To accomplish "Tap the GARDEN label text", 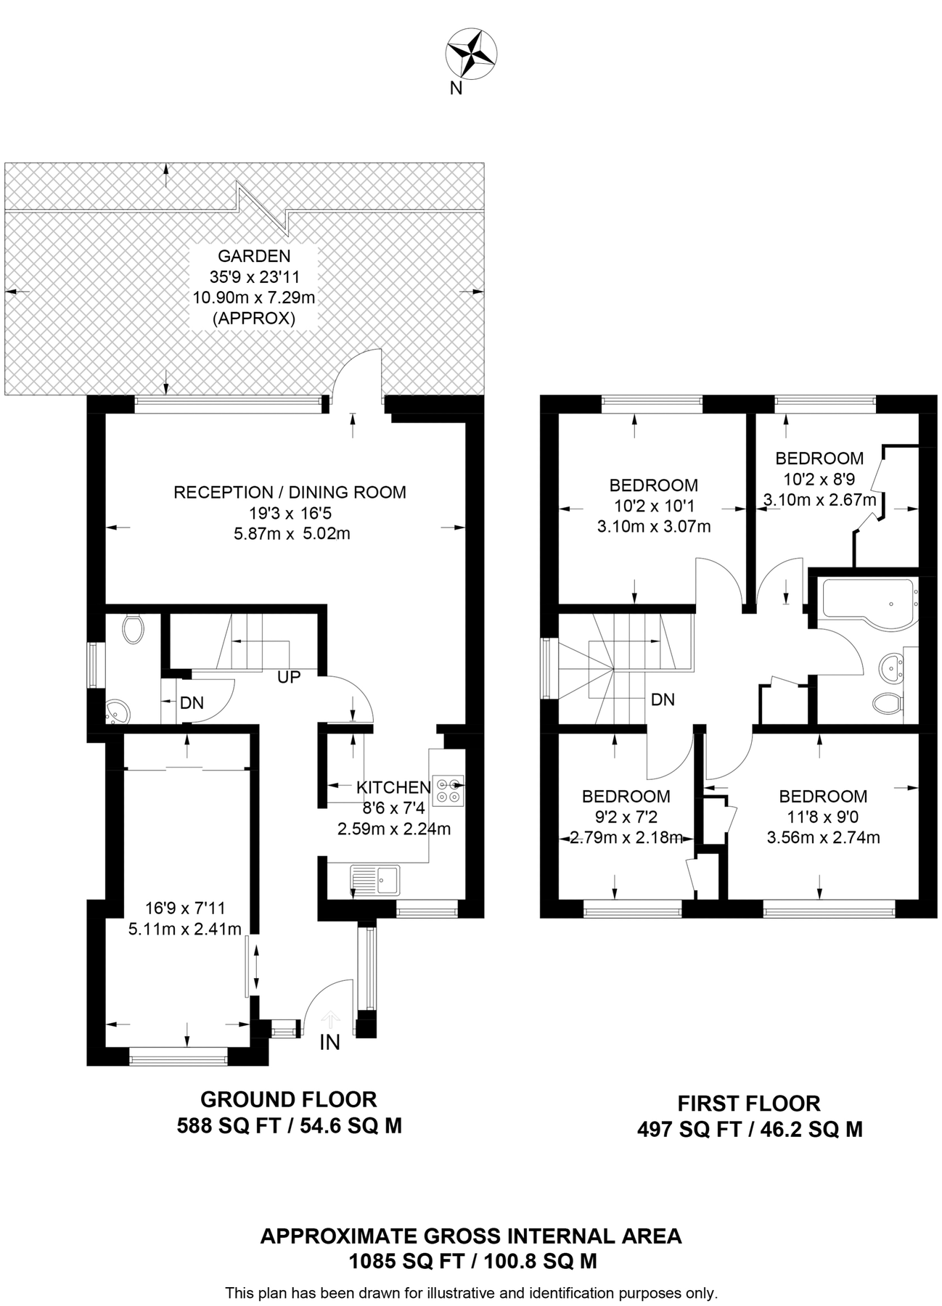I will pos(254,256).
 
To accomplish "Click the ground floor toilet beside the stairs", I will pos(132,628).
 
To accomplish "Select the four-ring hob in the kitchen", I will pos(448,790).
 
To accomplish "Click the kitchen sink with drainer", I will pos(374,880).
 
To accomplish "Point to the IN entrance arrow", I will pos(330,1019).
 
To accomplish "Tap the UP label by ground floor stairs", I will pos(289,678).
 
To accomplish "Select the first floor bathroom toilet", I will pos(888,702).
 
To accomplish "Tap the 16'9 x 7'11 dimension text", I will pos(185,908).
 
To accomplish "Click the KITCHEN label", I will pos(393,787).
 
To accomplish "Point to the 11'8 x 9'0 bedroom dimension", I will pos(823,817).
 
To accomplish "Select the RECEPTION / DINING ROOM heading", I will pos(290,492).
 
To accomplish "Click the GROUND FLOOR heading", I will pos(289,1099).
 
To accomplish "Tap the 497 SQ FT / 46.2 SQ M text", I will pos(750,1129).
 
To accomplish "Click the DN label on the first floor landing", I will pos(663,699).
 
